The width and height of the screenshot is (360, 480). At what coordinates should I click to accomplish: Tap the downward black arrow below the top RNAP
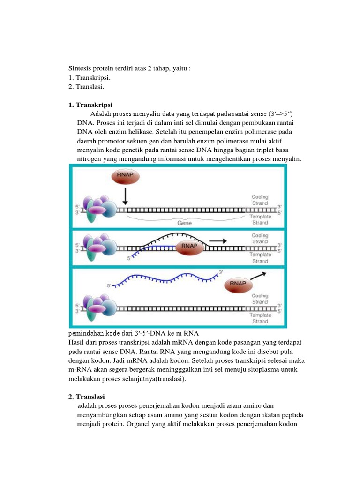125,196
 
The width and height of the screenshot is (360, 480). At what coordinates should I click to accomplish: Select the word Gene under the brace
184,223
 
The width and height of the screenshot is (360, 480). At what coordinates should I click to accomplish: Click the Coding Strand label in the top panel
260,200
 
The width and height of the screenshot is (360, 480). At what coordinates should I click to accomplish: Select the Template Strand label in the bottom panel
260,319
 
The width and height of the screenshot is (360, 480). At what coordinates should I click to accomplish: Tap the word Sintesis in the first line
81,68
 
